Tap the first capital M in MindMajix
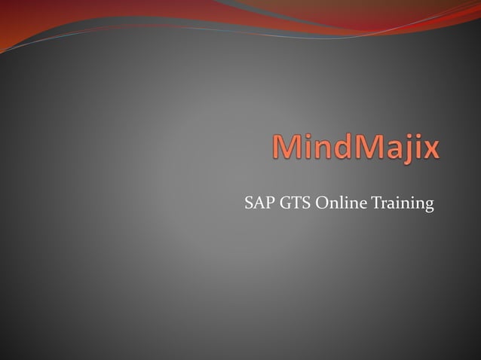287,147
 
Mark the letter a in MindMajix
389,150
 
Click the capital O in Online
320,203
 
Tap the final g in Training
429,206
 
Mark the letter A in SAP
259,203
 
